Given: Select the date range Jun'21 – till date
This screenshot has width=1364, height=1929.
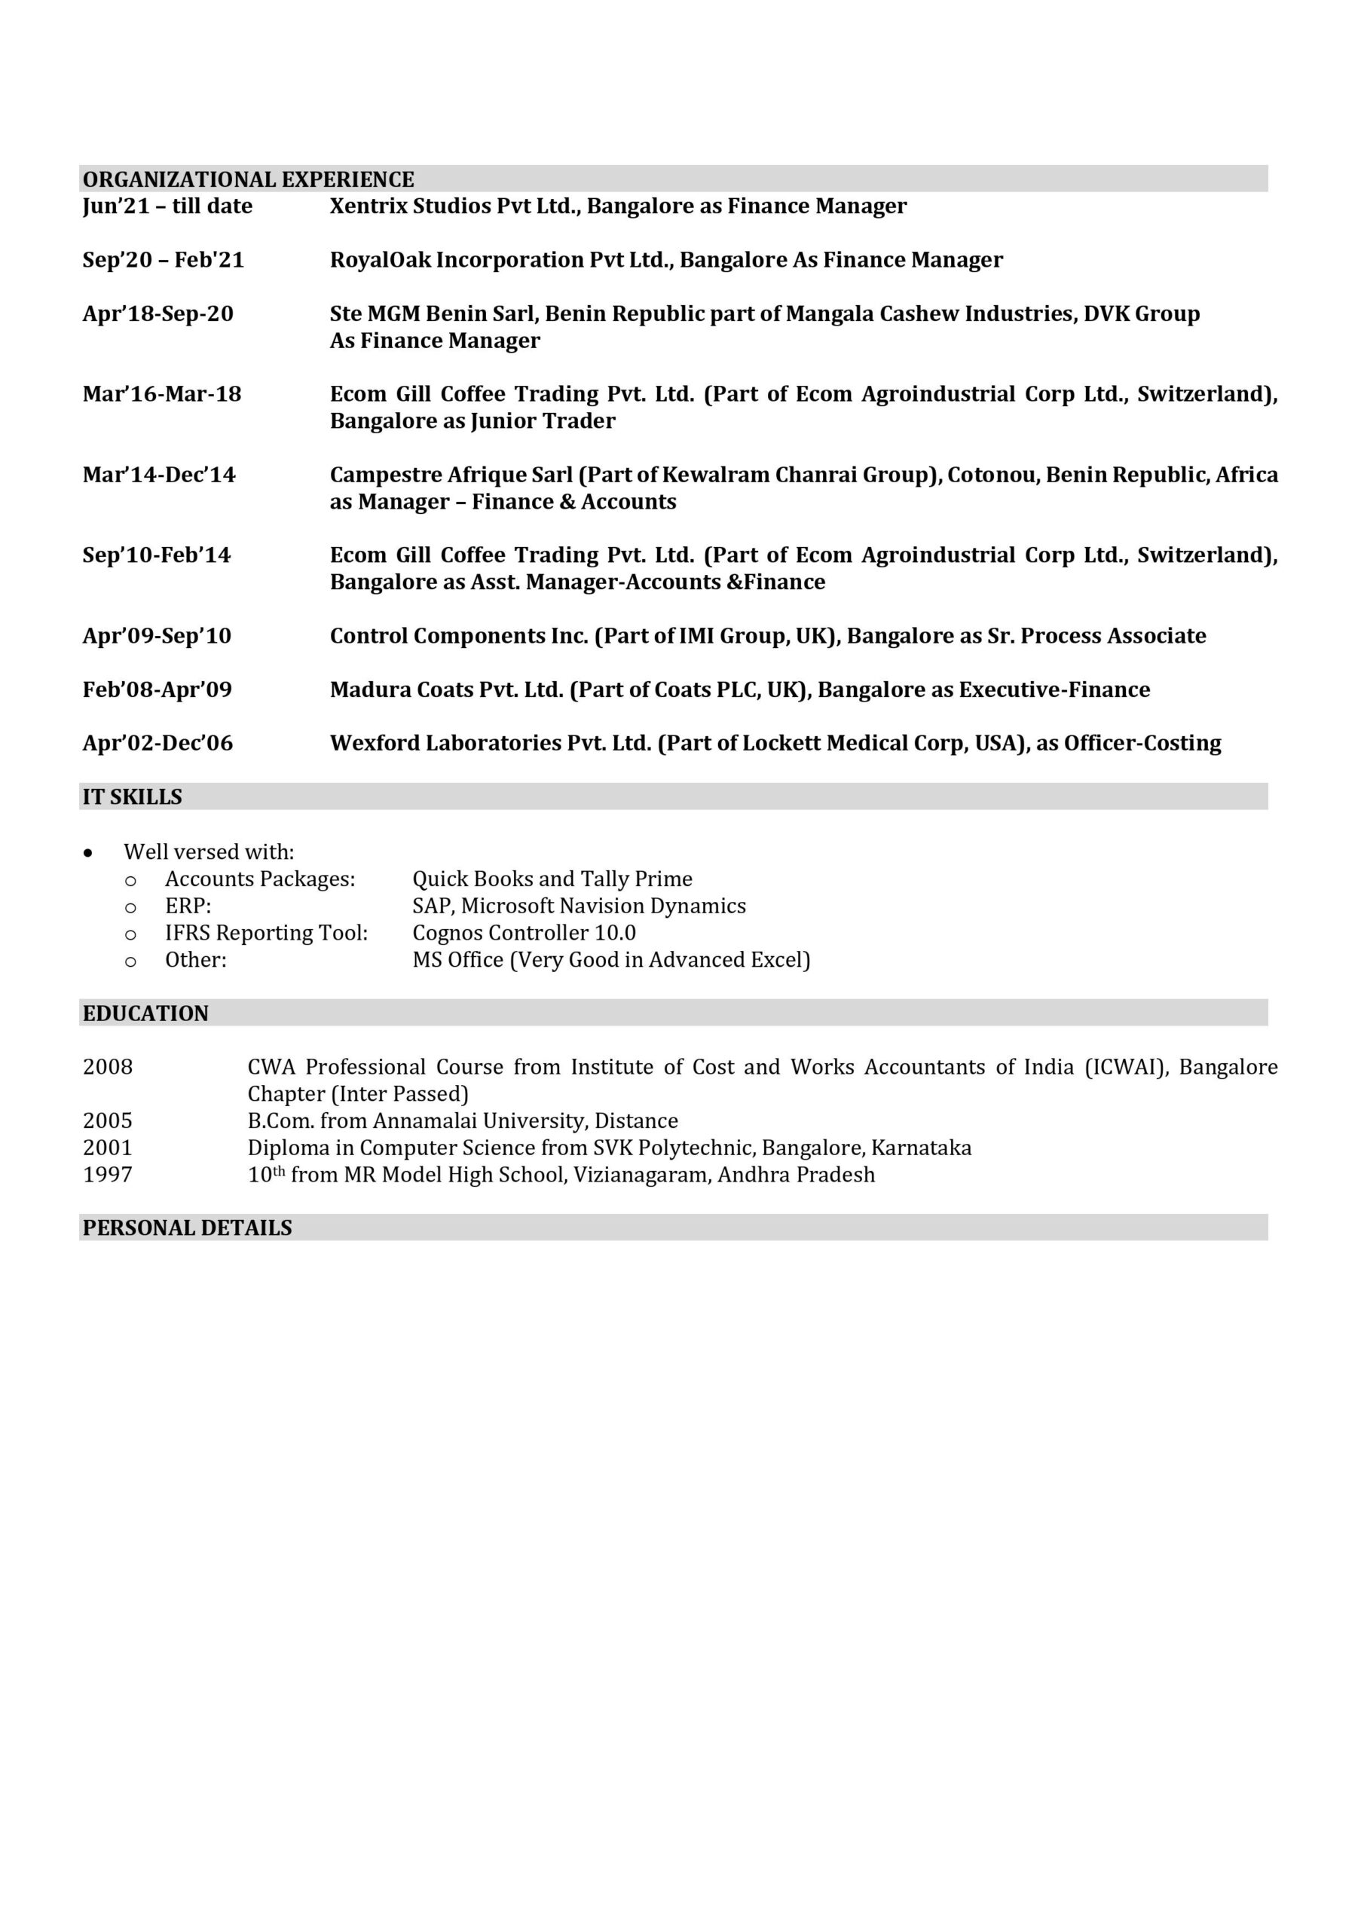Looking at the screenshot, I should point(167,206).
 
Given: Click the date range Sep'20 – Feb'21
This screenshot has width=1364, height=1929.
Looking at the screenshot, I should point(163,260).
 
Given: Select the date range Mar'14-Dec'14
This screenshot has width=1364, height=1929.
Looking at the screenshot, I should point(159,475).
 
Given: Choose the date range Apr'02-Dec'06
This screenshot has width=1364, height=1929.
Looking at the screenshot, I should point(158,744).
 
